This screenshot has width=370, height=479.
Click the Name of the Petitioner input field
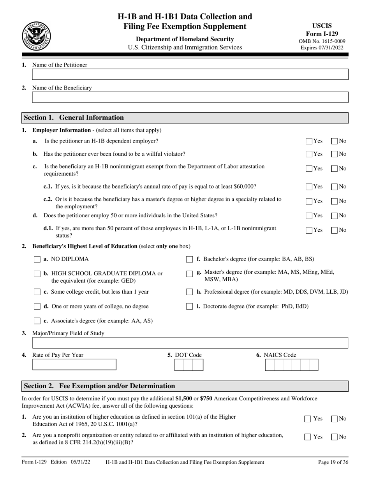(190, 75)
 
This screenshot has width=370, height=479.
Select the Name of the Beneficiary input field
(190, 97)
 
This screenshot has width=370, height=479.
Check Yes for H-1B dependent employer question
(309, 141)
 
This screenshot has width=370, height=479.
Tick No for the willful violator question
(334, 154)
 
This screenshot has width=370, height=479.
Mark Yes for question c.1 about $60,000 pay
(309, 187)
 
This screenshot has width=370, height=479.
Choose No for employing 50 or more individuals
(334, 216)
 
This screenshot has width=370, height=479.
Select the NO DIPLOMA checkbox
(37, 259)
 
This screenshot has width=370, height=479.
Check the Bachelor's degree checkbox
(189, 259)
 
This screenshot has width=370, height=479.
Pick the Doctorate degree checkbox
(189, 306)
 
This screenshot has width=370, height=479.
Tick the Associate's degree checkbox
(37, 321)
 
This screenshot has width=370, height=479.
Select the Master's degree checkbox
(189, 274)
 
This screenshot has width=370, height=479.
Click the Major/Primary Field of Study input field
(190, 343)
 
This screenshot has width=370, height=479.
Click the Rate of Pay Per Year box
(74, 365)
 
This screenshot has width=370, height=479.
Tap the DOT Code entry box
(189, 365)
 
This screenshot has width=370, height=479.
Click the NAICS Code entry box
(291, 365)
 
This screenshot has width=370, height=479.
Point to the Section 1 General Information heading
(74, 118)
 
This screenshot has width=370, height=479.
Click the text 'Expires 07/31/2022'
(322, 48)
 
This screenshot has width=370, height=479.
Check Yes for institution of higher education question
(308, 419)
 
